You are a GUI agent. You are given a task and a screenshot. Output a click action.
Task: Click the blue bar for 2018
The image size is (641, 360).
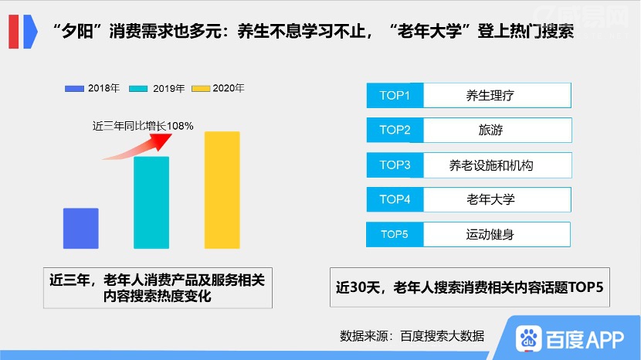click(80, 228)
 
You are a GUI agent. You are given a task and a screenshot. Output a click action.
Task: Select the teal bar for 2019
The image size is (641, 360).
click(151, 202)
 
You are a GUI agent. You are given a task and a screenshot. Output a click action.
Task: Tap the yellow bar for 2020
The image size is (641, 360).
click(222, 190)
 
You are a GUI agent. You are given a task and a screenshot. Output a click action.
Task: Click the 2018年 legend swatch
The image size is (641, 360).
click(74, 88)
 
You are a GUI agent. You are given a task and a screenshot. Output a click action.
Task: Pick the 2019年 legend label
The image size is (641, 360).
click(169, 88)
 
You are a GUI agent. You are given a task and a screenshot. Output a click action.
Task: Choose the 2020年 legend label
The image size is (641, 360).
click(229, 88)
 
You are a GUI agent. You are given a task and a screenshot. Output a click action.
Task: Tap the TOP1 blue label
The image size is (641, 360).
click(395, 95)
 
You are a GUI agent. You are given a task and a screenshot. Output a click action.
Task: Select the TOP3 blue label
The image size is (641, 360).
click(395, 165)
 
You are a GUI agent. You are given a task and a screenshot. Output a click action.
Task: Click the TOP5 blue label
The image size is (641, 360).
click(395, 234)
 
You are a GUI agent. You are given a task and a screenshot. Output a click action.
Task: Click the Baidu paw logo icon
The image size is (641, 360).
click(528, 338)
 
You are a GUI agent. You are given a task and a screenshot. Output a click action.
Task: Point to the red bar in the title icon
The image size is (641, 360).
click(13, 32)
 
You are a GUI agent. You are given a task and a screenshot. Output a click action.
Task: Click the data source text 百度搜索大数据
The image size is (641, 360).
click(443, 336)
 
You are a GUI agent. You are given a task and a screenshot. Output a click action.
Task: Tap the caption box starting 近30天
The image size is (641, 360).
click(470, 287)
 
